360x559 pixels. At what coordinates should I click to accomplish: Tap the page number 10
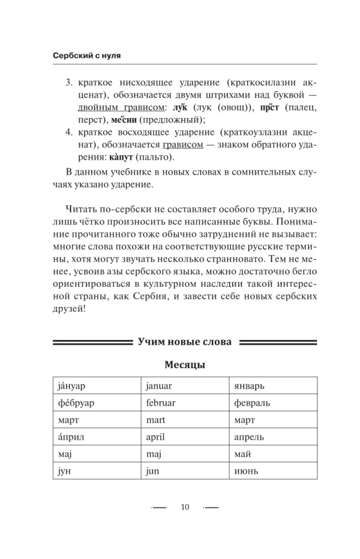point(185,507)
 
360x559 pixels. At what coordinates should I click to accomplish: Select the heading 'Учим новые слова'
point(184,342)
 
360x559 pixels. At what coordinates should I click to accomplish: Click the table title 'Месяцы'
point(184,365)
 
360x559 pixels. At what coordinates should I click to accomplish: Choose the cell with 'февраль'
point(273,402)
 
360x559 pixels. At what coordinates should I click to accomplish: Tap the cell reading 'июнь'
point(273,471)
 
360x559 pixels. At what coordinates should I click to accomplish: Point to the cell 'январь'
point(273,386)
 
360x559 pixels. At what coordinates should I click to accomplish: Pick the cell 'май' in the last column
point(273,454)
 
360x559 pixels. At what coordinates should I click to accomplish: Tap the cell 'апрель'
point(273,437)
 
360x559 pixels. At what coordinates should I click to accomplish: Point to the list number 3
point(69,83)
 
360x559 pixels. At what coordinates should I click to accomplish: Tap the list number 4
point(69,132)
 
